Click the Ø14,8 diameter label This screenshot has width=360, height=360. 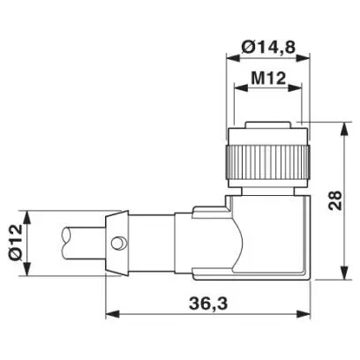coord(268,47)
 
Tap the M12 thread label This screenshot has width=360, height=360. coord(268,79)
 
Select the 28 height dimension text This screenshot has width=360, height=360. coord(335,200)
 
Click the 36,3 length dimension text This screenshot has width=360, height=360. coord(208,304)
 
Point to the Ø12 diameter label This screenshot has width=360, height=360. coord(16,242)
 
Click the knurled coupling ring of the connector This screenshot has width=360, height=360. coord(267,162)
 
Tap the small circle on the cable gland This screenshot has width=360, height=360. coord(118,244)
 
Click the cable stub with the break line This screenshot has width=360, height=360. coord(84,243)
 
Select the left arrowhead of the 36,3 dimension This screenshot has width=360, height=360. coord(112,314)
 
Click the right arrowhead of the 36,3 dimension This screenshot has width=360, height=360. coord(304,314)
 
